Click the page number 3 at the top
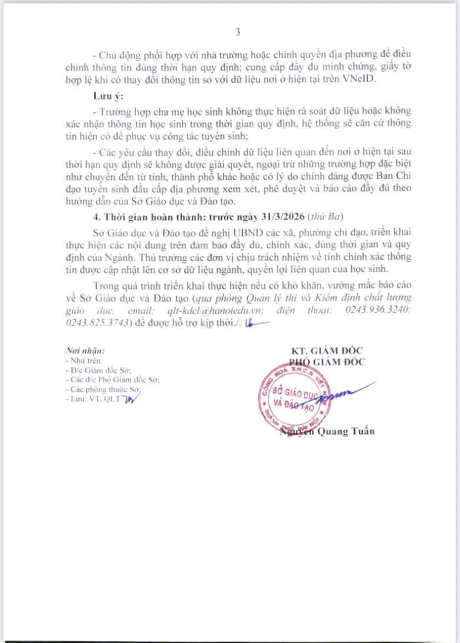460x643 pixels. (237, 33)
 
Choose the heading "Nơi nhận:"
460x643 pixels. (85, 351)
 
